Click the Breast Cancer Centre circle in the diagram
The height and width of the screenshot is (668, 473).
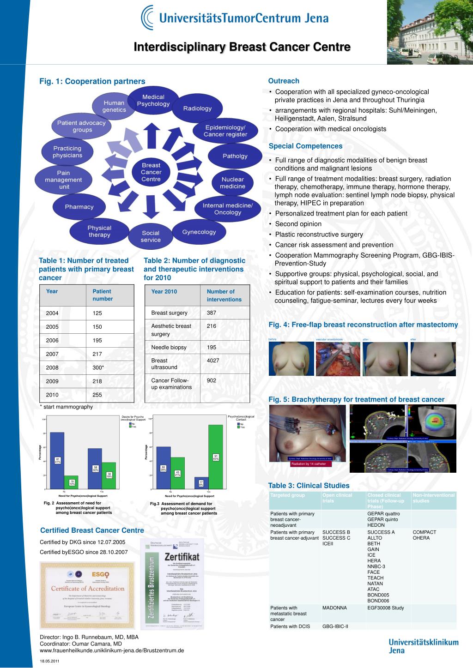(x=151, y=172)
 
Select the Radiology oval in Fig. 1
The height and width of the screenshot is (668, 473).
(x=197, y=108)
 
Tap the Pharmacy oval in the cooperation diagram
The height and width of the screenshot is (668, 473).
(x=79, y=207)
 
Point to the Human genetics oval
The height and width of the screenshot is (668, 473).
(x=114, y=106)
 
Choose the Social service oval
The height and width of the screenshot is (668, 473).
(x=151, y=236)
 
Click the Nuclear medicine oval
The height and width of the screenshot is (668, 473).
(x=232, y=183)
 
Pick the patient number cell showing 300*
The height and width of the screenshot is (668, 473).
(x=98, y=367)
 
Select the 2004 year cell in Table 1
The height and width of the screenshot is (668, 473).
(x=52, y=313)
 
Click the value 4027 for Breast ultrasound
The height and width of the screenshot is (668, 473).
(x=213, y=361)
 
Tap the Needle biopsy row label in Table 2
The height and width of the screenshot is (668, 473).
(x=169, y=347)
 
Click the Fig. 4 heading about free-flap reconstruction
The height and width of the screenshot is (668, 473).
(x=363, y=325)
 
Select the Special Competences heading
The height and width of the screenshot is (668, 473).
(x=305, y=146)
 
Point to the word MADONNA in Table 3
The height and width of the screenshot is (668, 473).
(x=334, y=608)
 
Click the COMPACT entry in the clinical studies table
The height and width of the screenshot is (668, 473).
(x=424, y=532)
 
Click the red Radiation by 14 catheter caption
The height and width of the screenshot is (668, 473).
(x=308, y=463)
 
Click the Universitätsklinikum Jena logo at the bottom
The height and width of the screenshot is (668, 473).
(x=423, y=646)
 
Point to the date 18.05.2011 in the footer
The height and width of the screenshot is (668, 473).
(x=49, y=661)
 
